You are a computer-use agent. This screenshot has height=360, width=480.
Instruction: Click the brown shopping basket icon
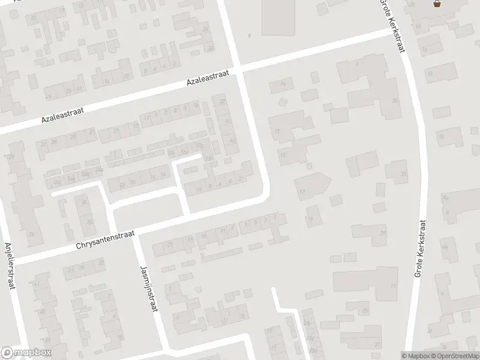[x=437, y=4]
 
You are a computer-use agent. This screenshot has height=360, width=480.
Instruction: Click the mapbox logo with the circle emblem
[x=26, y=352]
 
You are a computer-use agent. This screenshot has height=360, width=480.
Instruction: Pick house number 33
[x=403, y=174]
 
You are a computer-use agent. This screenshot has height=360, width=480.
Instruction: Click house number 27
[x=393, y=286]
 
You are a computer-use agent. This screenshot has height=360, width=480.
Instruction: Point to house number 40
[x=232, y=140]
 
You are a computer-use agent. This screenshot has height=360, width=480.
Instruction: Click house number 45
[x=43, y=312]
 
